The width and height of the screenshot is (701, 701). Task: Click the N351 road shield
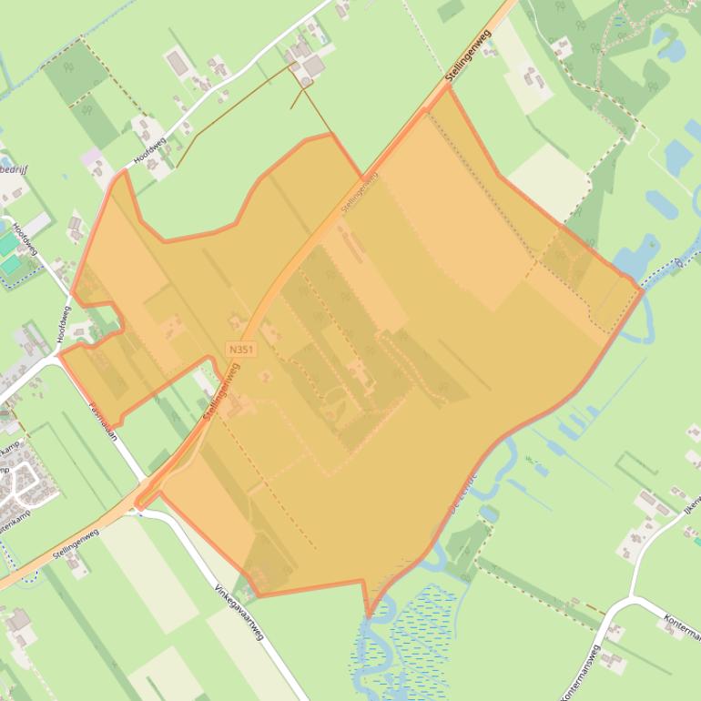tap(241, 350)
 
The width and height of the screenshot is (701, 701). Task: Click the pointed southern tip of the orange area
tap(369, 616)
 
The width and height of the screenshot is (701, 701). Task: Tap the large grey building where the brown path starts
tap(313, 66)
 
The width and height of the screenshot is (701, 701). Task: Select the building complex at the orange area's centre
tap(360, 373)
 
